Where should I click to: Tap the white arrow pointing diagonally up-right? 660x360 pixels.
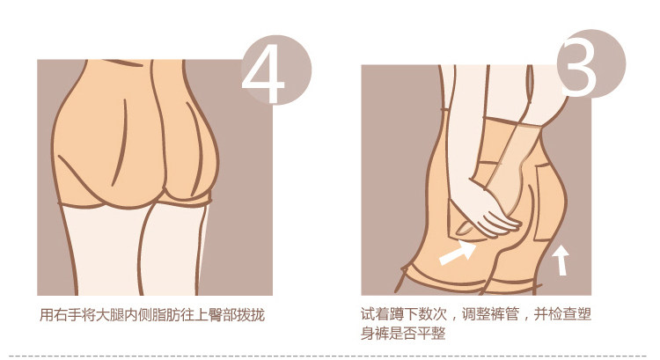click(458, 253)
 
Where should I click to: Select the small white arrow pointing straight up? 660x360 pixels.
click(561, 261)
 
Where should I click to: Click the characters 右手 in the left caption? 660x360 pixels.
click(68, 315)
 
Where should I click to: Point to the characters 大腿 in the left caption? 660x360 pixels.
click(111, 315)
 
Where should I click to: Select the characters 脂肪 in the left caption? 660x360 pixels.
click(167, 315)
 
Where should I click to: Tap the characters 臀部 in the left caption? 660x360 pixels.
click(224, 315)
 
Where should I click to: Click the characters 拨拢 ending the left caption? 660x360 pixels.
click(252, 315)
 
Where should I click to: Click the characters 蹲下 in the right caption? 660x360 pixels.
click(404, 314)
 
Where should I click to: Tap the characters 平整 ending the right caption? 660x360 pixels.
click(432, 334)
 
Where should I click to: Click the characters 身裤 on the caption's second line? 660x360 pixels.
click(375, 334)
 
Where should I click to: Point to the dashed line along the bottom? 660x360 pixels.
click(330, 356)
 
